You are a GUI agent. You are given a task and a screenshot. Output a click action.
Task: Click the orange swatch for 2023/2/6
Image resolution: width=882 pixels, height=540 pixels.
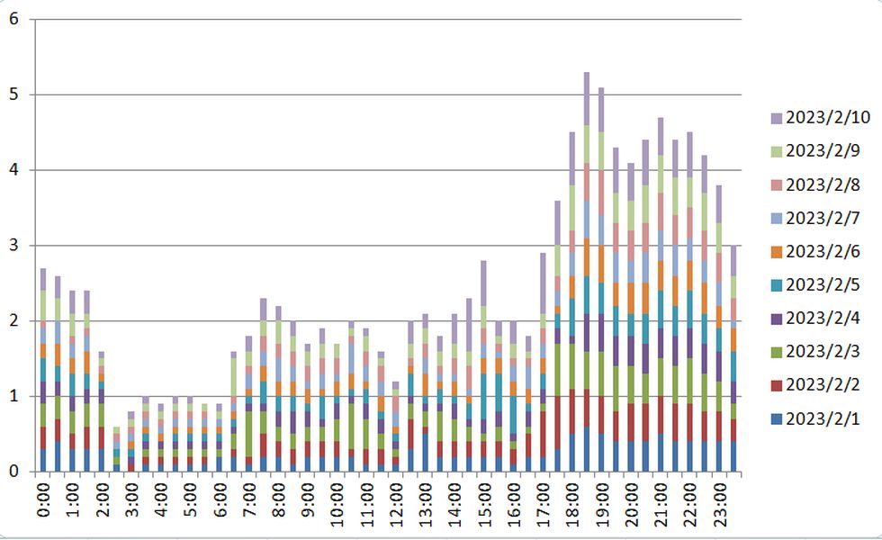coord(777,252)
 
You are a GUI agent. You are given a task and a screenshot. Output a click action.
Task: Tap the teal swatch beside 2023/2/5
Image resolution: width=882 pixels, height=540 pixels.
coord(777,285)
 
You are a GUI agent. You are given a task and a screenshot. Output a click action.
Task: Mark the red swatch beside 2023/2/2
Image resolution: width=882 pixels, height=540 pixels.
coord(777,385)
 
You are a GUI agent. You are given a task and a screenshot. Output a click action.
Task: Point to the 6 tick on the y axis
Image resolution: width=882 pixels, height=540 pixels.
coord(13,19)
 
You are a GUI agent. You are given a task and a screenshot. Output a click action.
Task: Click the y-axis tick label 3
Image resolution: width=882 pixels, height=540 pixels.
coord(13,245)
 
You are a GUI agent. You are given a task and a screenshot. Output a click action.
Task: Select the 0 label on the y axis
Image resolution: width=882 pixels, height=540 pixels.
coord(13,471)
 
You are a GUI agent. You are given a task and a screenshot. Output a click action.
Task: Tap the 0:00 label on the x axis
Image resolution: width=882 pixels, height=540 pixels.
coord(45,501)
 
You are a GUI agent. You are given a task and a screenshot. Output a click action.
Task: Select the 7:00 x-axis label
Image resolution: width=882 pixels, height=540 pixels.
coord(250,501)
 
